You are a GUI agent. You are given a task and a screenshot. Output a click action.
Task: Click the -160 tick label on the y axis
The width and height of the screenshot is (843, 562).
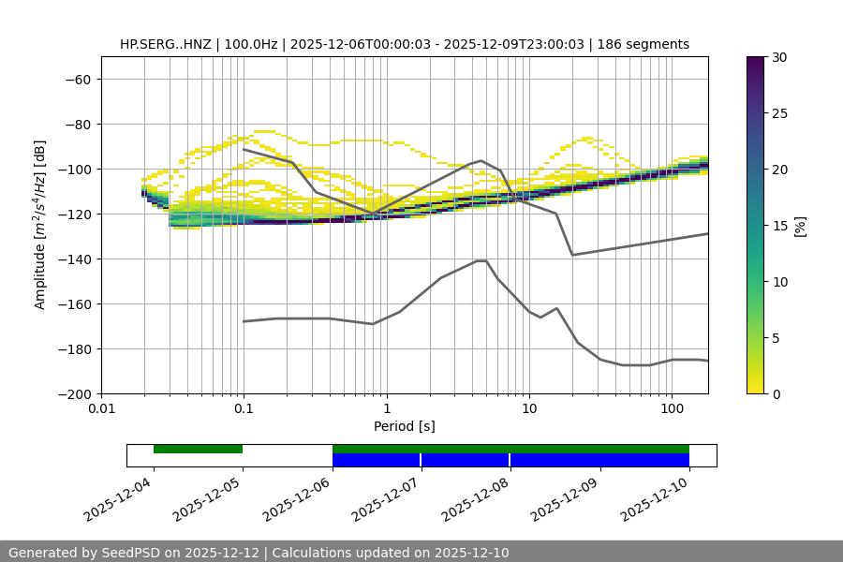[x=76, y=304]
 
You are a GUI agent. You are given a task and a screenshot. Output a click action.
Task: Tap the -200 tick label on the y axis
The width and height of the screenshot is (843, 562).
[x=76, y=394]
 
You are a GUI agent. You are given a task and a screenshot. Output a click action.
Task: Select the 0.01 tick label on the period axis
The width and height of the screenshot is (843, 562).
[x=101, y=409]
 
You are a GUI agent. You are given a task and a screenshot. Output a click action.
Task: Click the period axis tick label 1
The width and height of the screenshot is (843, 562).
[x=386, y=409]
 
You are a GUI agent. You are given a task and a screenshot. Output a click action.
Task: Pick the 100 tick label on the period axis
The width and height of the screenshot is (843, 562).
[x=672, y=409]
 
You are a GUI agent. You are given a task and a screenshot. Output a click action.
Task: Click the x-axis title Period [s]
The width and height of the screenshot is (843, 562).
[x=405, y=427]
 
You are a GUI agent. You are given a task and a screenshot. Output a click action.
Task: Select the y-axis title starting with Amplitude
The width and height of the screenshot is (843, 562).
[x=40, y=225]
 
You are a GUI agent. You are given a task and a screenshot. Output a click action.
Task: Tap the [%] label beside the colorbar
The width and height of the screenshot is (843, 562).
[x=800, y=225]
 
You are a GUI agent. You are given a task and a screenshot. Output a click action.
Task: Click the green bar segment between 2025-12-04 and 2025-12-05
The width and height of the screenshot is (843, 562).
[x=198, y=449]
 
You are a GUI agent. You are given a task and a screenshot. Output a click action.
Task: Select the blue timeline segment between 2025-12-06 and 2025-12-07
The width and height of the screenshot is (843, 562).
[x=377, y=460]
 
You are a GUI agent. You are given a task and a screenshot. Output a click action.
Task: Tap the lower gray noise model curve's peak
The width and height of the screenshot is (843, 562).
[x=481, y=260]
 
